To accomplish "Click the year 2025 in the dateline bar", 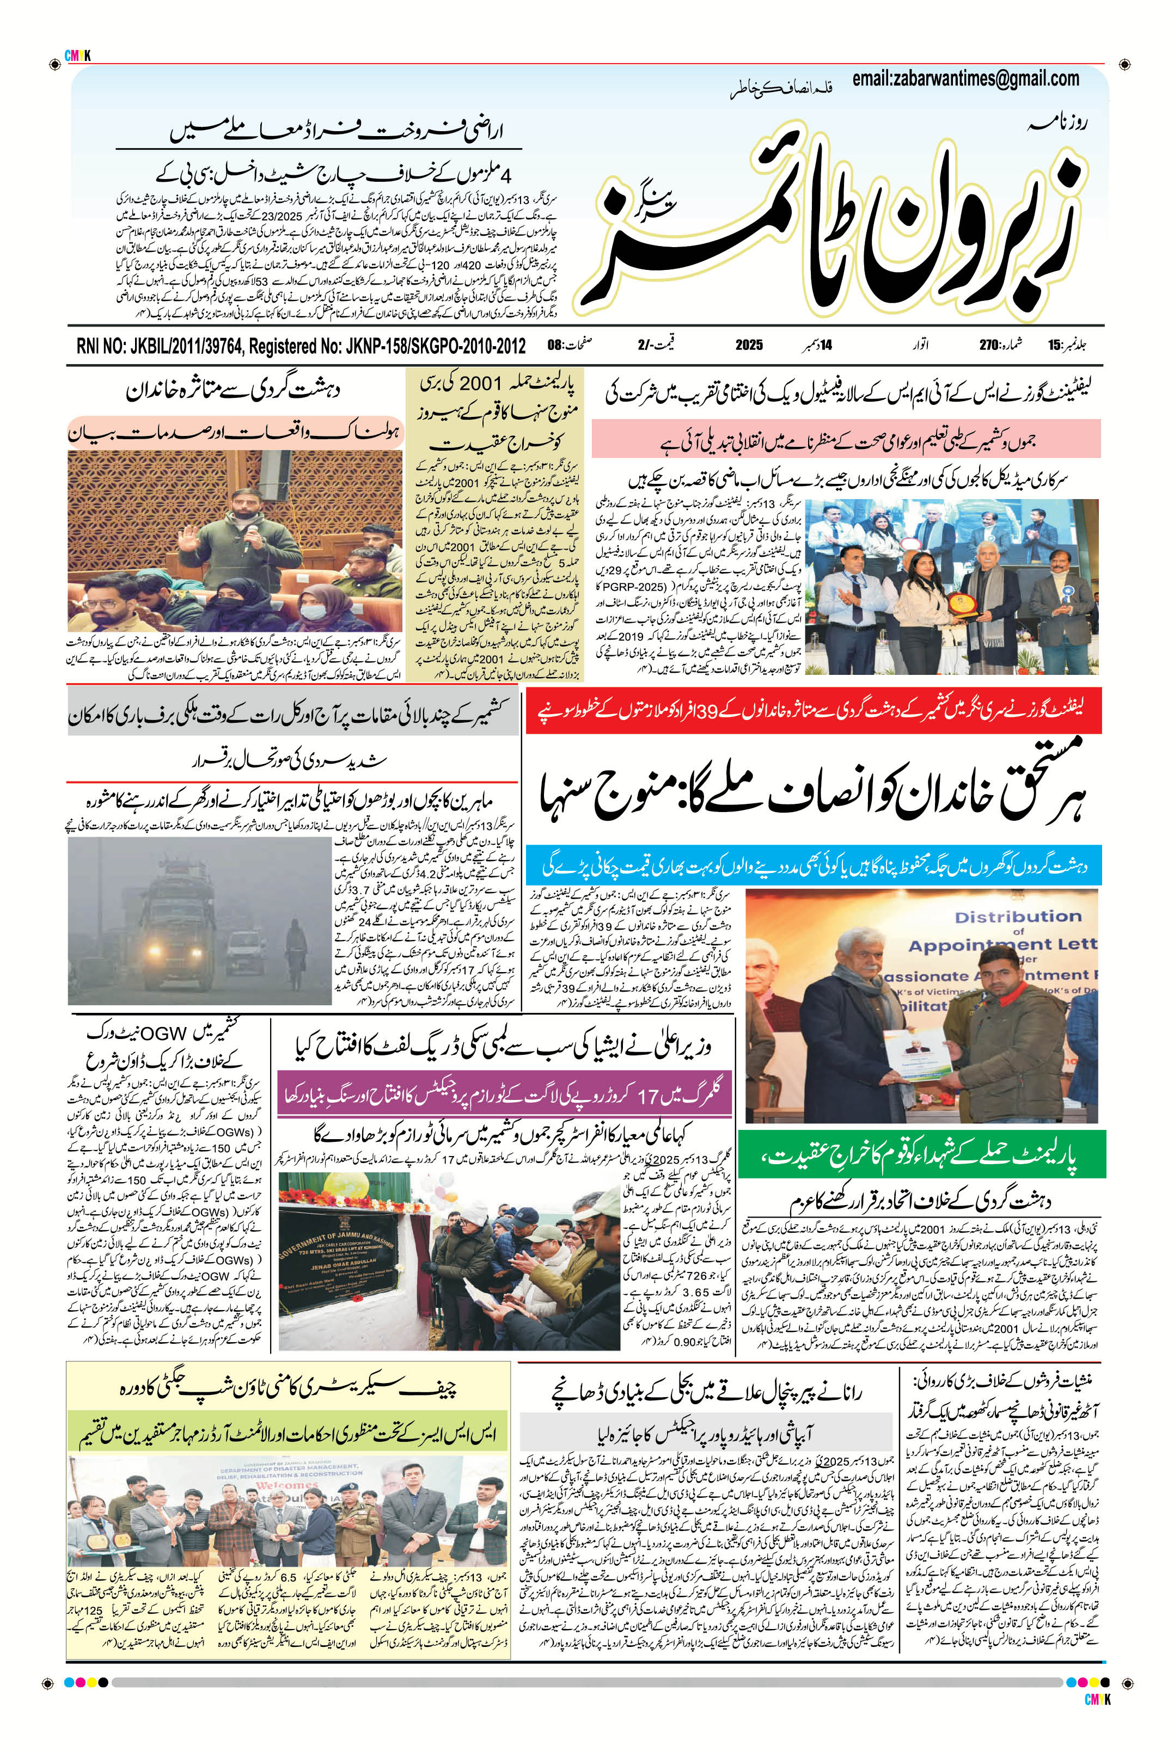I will tap(748, 346).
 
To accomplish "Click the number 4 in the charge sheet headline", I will tap(506, 177).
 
